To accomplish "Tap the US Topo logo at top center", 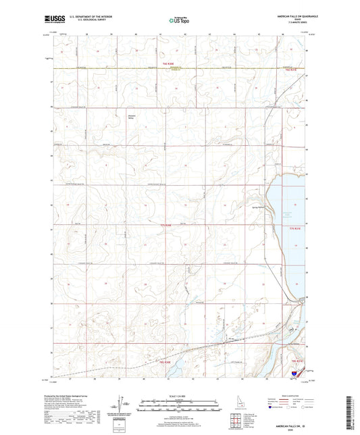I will tap(177, 21).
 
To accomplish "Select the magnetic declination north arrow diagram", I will tap(126, 407).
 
